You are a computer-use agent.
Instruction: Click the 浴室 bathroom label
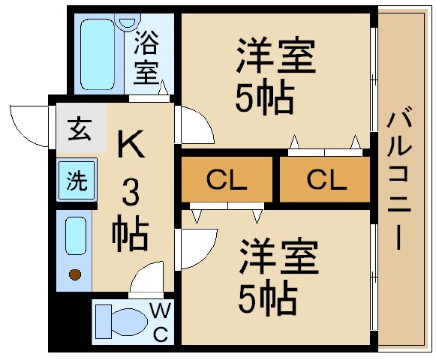pyautogui.click(x=147, y=59)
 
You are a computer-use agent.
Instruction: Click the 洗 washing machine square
pyautogui.click(x=76, y=181)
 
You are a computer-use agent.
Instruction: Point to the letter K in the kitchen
pyautogui.click(x=131, y=145)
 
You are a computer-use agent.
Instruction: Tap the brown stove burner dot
pyautogui.click(x=75, y=274)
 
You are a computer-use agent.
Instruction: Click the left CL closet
pyautogui.click(x=227, y=180)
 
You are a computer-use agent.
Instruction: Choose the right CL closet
pyautogui.click(x=326, y=180)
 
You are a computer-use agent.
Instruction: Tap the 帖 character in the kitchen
pyautogui.click(x=131, y=235)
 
